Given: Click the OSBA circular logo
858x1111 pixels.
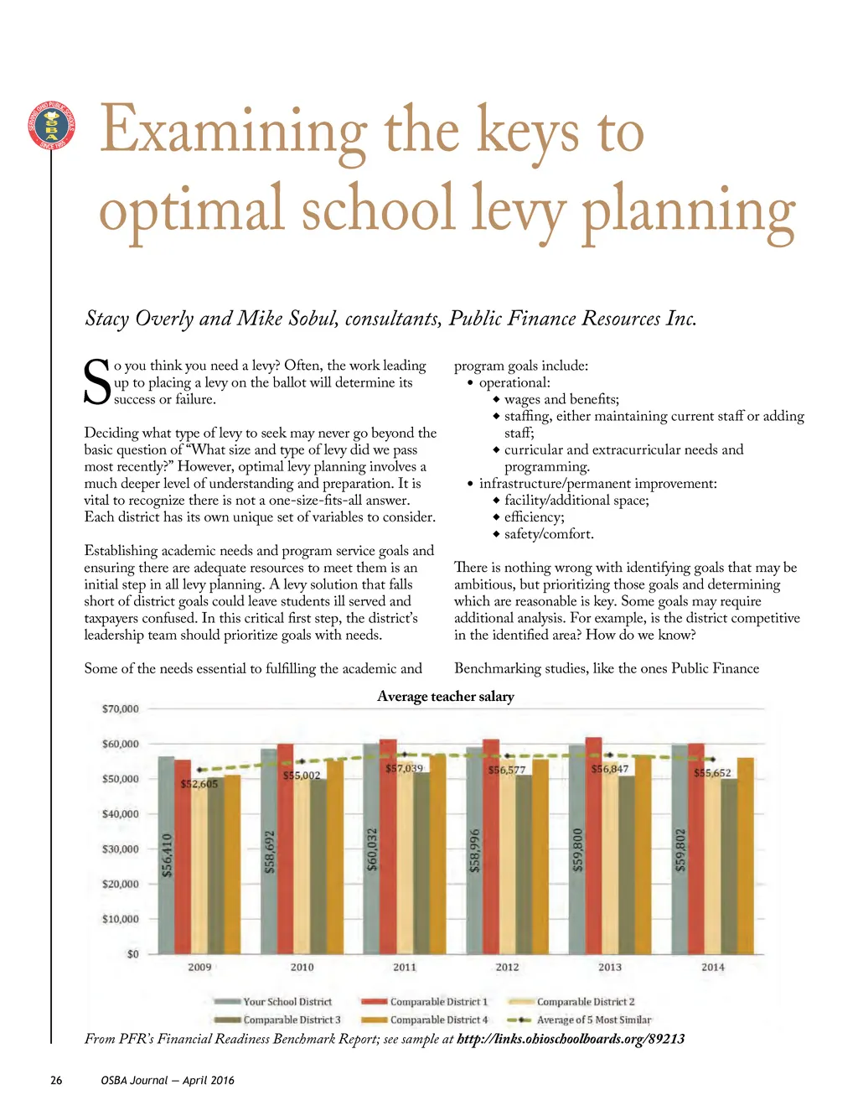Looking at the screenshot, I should pos(51,125).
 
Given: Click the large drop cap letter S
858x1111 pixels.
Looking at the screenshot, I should pos(97,382).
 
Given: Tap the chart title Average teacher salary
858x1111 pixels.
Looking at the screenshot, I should pos(445,696).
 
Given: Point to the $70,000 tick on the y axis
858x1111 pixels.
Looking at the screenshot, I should pos(120,709).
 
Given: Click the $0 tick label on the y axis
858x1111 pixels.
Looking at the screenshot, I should pos(132,953).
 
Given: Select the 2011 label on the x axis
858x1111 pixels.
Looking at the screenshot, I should pos(405,967).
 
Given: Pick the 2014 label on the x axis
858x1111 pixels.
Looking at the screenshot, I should pos(713,967).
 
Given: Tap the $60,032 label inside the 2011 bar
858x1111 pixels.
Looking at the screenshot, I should pos(372,849).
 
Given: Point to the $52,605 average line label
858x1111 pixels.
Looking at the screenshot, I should pos(199,784).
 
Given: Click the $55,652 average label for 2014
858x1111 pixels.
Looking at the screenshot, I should pos(712,773).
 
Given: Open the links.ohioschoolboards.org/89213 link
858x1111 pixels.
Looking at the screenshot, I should pos(571,1039).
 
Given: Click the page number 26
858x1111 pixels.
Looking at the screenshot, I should pos(56,1080).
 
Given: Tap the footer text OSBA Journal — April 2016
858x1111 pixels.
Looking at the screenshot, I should pos(168,1080).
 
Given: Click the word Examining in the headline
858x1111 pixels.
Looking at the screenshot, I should pos(233,132).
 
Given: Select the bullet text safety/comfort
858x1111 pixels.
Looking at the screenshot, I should pos(549,534).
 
